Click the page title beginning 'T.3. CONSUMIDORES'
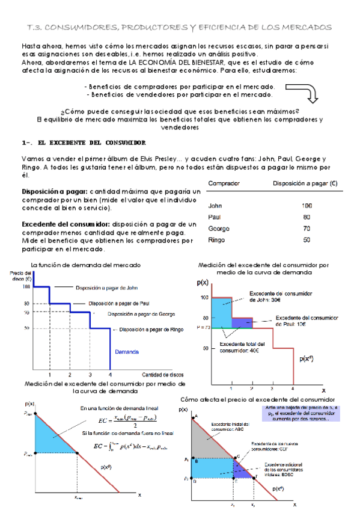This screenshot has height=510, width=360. [x=180, y=28]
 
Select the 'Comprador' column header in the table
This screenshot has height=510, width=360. [x=224, y=183]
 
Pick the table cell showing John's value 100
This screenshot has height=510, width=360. [x=307, y=205]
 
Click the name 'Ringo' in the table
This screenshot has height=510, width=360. [x=217, y=240]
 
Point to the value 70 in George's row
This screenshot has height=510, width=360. [x=307, y=229]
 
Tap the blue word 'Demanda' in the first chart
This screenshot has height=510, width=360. [x=128, y=352]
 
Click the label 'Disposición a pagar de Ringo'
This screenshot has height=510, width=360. [x=151, y=329]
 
